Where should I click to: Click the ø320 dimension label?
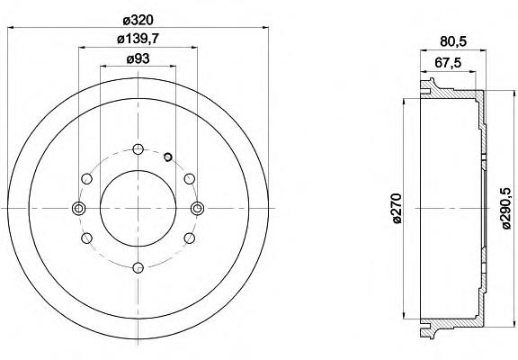point(138,21)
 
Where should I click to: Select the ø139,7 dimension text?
point(138,40)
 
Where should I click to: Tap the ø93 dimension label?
point(138,59)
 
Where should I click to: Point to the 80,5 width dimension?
point(453,41)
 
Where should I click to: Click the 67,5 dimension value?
point(448,63)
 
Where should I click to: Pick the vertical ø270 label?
point(397,209)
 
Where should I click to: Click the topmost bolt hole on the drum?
point(138,149)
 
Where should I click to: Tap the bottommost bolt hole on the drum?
point(138,267)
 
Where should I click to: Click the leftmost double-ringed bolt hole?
point(79,208)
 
